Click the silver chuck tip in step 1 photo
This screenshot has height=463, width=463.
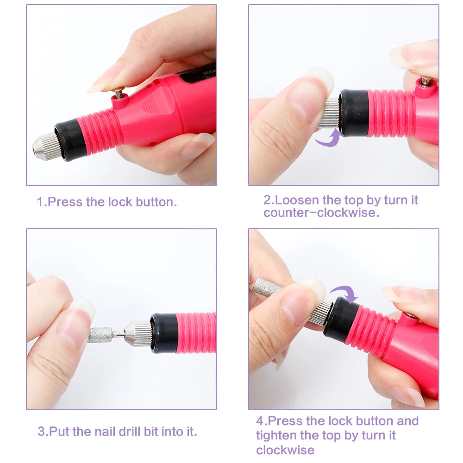pos(44,146)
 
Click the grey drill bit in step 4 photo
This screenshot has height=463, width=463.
pos(266,287)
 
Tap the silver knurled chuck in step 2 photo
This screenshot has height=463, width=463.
pos(330,113)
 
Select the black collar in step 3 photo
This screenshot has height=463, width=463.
pos(164,333)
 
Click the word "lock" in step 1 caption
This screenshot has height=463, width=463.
pos(120,202)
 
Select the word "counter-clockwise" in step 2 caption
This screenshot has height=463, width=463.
pos(321,213)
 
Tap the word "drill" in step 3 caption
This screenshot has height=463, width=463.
pos(129,432)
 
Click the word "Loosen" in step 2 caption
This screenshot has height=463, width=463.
pos(296,200)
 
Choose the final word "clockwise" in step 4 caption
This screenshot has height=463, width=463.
pos(285,450)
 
